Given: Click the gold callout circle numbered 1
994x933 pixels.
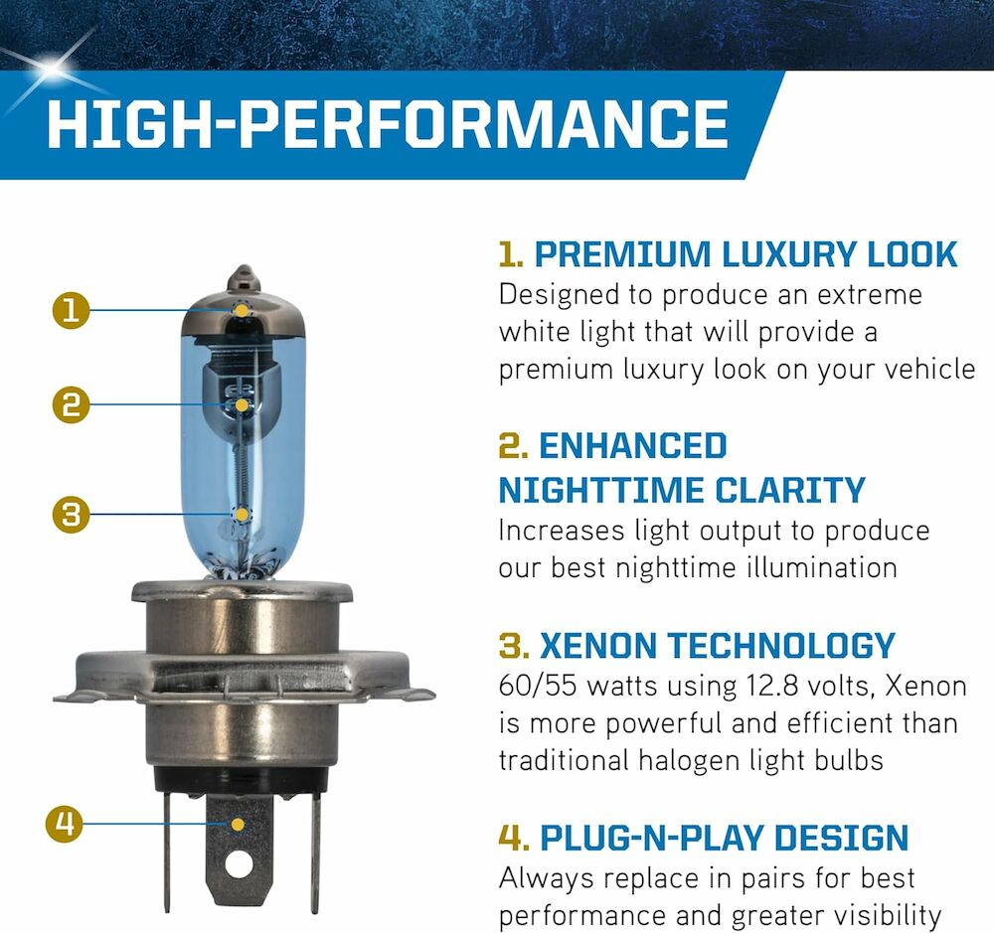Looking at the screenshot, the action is click(x=71, y=311).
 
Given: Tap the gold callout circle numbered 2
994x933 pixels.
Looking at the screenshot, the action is click(x=71, y=405).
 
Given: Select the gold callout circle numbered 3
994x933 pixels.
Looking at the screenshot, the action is click(x=71, y=514).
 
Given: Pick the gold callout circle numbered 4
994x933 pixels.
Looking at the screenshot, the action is click(x=65, y=824).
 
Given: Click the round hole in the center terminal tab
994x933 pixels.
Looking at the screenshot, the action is click(x=239, y=863).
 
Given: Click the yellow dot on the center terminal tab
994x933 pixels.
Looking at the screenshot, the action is click(x=238, y=824).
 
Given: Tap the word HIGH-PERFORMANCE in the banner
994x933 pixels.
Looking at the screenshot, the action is click(x=388, y=123).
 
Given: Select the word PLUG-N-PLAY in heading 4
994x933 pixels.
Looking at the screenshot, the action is click(x=652, y=838).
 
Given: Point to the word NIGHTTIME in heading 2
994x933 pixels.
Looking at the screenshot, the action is click(x=601, y=490).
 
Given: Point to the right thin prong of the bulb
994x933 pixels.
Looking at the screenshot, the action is click(x=315, y=852).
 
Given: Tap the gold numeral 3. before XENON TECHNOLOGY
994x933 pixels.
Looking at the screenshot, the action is click(x=514, y=646).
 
